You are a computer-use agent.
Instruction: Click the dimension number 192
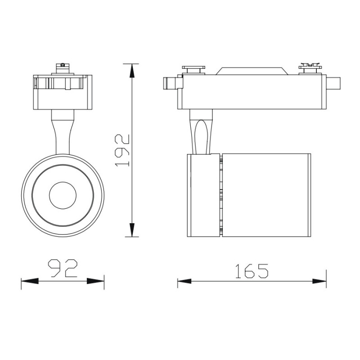(x=122, y=150)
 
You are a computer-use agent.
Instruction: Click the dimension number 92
(x=63, y=268)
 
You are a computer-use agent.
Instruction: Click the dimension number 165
(x=252, y=271)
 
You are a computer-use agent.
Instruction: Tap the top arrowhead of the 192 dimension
(x=131, y=71)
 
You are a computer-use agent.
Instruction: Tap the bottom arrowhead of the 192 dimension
(x=131, y=229)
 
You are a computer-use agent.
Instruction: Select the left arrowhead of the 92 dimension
(x=30, y=281)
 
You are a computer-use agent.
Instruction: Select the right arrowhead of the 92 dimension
(x=95, y=281)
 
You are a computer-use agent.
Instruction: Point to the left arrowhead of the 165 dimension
(x=184, y=281)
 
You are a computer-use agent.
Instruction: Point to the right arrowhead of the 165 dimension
(x=319, y=281)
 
